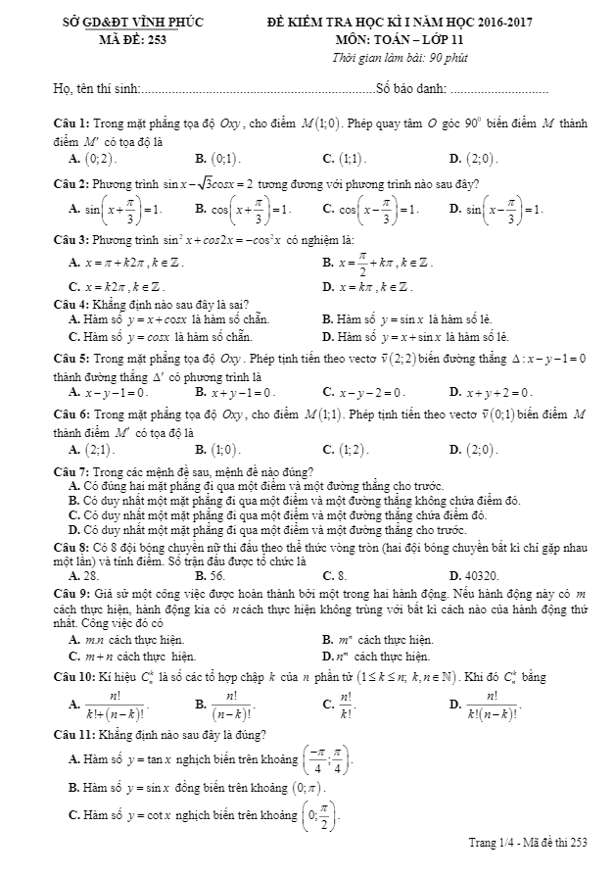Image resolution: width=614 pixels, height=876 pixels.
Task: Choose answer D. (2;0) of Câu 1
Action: tap(473, 158)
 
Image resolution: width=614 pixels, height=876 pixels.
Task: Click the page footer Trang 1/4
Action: tap(493, 842)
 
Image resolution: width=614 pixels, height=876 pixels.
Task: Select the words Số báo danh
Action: tap(410, 91)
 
